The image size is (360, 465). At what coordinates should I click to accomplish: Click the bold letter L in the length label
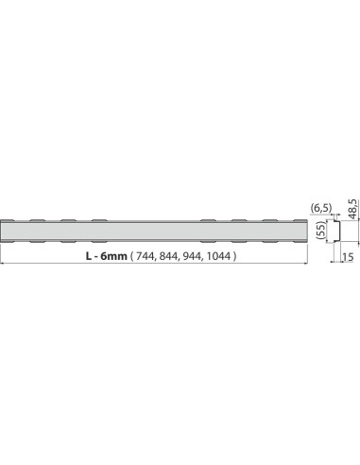coord(89,256)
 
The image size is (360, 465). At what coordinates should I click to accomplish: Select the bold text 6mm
coord(113,256)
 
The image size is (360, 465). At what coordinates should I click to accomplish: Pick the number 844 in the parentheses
coord(168,256)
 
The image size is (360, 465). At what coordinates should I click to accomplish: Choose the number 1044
coord(218,256)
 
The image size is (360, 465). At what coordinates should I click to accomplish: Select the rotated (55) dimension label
coord(320,231)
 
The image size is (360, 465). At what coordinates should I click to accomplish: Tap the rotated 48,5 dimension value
coord(352,209)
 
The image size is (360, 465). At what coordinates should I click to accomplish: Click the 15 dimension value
coord(348,257)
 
